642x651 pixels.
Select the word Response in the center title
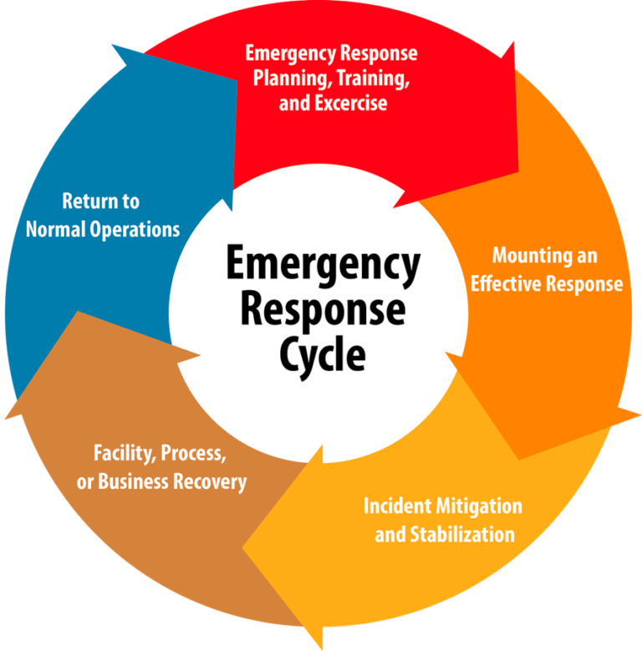(322, 310)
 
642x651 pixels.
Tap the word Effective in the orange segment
(507, 283)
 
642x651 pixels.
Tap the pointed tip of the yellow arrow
(243, 550)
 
